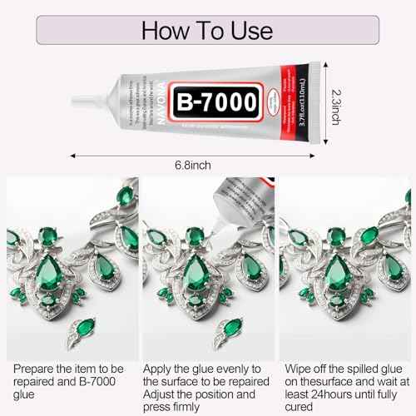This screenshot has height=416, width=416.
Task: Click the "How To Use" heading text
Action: coord(207,31)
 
